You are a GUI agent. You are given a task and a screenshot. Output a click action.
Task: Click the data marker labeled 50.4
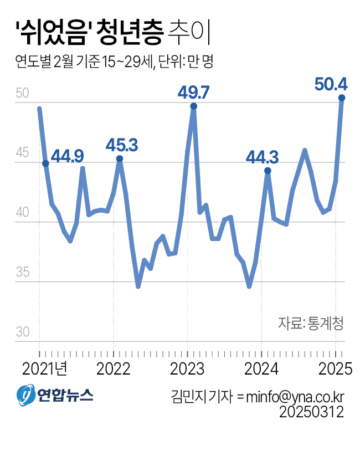[x=342, y=98]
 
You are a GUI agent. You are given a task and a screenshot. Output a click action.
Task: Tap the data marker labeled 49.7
[x=193, y=106]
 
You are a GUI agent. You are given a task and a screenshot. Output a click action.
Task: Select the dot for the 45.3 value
[x=120, y=159]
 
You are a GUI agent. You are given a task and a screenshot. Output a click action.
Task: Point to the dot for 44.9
[x=45, y=163]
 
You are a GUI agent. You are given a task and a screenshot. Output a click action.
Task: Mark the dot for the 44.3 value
[x=268, y=171]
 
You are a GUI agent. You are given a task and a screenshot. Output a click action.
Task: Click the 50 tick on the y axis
[x=22, y=93]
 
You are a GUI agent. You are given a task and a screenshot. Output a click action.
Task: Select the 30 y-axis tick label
[x=22, y=332]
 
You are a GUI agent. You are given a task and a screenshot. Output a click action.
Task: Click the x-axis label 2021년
[x=45, y=368]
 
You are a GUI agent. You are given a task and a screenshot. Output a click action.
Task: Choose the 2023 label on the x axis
[x=187, y=368]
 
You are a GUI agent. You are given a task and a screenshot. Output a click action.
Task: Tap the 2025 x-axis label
[x=335, y=368]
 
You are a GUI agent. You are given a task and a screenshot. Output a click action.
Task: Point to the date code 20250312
[x=312, y=412]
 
